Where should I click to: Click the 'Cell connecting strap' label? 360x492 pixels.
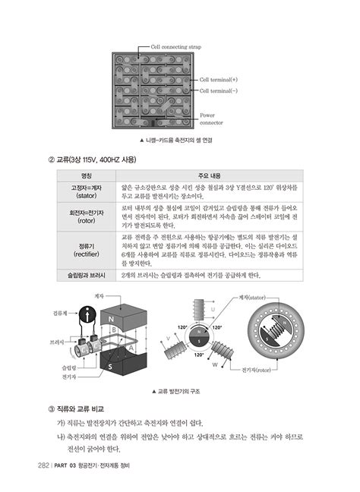pyautogui.click(x=176, y=46)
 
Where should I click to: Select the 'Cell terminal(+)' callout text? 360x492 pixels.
pyautogui.click(x=218, y=79)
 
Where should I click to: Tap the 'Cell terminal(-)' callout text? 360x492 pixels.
pyautogui.click(x=218, y=90)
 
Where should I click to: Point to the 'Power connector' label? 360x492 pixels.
pyautogui.click(x=211, y=118)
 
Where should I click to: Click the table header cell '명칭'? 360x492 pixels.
pyautogui.click(x=86, y=174)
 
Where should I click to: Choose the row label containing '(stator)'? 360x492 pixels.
pyautogui.click(x=86, y=191)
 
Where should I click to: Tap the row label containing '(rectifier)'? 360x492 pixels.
pyautogui.click(x=86, y=250)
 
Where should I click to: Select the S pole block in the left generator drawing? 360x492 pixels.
pyautogui.click(x=112, y=366)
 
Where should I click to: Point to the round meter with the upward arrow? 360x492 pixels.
pyautogui.click(x=86, y=313)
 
